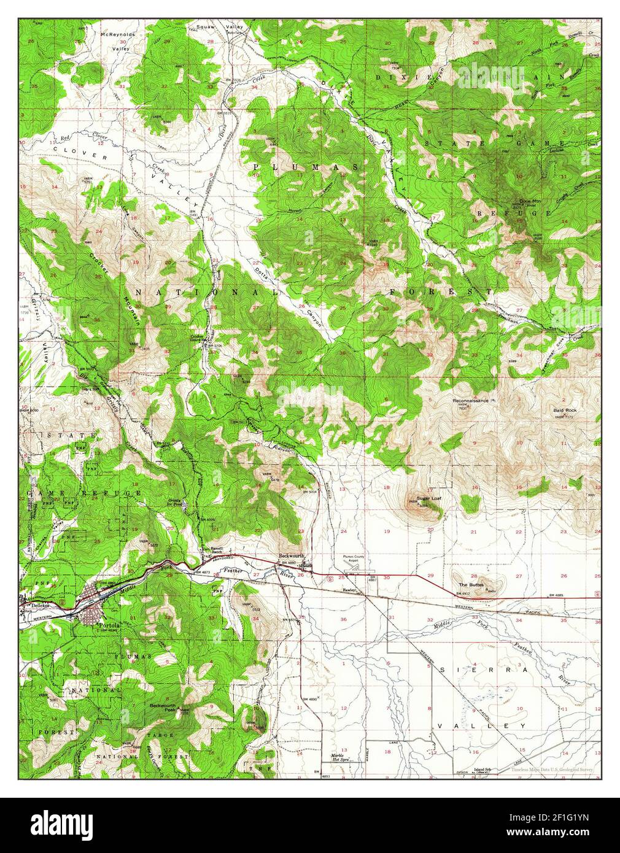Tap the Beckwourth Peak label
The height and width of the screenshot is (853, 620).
coord(164,708)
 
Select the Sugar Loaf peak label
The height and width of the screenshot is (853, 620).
coord(429,498)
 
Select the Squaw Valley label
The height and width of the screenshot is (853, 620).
coord(220,28)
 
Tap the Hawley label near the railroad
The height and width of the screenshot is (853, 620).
coord(349,590)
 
